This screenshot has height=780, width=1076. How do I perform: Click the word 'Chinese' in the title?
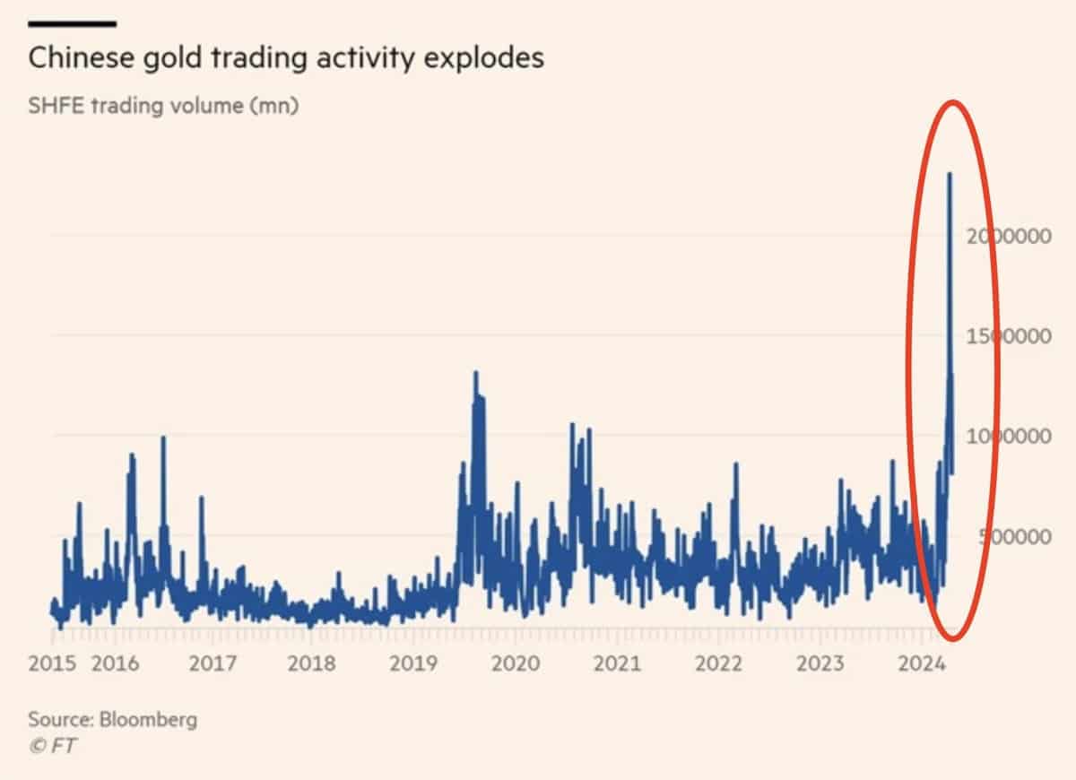[76, 58]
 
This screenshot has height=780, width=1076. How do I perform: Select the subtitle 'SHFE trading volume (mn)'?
[163, 106]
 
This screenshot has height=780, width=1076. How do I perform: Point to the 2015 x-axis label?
[52, 664]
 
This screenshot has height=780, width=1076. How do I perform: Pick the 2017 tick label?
[213, 664]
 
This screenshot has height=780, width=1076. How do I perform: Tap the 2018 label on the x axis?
[312, 664]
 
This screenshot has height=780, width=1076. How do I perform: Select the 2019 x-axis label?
[413, 664]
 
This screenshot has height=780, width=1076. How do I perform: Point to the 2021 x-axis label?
[618, 664]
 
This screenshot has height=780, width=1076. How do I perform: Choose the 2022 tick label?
[719, 664]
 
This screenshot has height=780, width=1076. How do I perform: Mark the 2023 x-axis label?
[820, 664]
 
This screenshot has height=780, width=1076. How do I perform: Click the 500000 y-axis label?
[1009, 536]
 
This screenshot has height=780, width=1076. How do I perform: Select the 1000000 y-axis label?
[1009, 437]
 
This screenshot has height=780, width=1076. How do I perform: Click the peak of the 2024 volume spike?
[950, 174]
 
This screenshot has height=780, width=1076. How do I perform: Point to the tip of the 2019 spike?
[475, 372]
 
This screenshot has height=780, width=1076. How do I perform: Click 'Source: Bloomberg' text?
[113, 719]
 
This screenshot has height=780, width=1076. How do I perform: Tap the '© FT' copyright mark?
[53, 746]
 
